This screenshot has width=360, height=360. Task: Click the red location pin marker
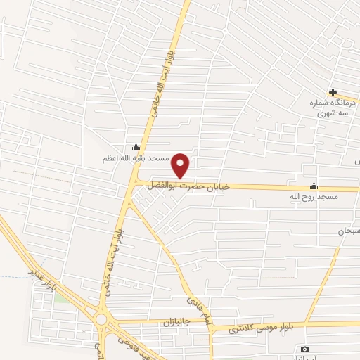181,166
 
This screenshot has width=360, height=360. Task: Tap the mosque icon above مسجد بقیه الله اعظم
136,148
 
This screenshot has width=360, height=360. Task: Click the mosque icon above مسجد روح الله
314,186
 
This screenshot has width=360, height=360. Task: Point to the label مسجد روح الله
317,198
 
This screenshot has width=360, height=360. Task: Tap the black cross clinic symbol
333,92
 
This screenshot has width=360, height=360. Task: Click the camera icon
304,349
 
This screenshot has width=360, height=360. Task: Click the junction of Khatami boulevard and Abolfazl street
135,182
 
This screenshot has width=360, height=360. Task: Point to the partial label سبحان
349,231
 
